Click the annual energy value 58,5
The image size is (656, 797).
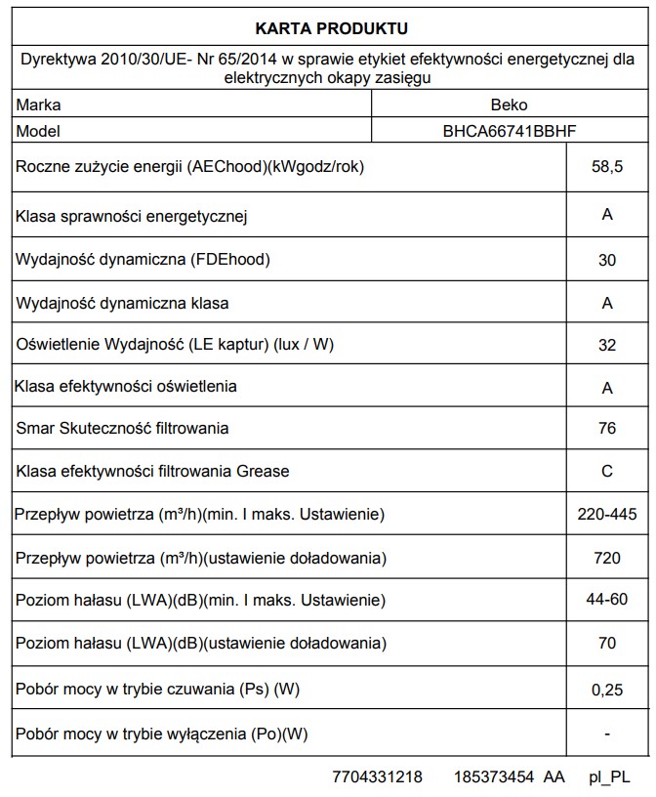(x=607, y=168)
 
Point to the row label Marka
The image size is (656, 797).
(x=38, y=105)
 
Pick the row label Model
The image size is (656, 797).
(x=39, y=131)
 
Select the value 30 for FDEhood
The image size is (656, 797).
(x=607, y=260)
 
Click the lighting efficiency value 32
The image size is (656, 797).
(x=607, y=345)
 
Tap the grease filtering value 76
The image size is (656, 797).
(x=607, y=429)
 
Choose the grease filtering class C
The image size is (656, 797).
(x=607, y=472)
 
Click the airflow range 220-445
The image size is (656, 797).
(x=607, y=515)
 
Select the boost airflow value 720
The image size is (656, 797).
(x=607, y=559)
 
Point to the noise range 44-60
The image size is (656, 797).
(x=607, y=600)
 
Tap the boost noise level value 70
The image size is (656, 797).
(x=607, y=644)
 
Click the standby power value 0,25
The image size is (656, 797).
(x=607, y=689)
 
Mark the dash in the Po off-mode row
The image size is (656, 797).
(x=607, y=733)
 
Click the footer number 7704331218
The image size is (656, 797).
(x=378, y=777)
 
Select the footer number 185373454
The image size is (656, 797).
(x=494, y=777)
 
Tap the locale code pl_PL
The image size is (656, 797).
(x=609, y=777)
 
